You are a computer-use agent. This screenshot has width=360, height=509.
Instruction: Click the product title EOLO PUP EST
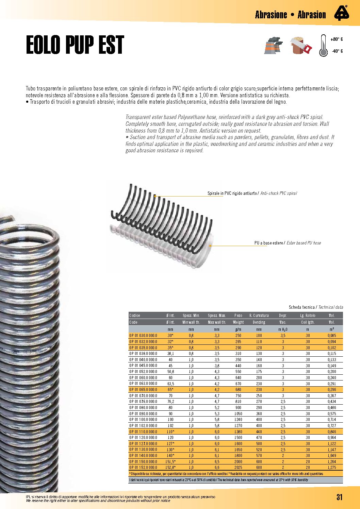[x=75, y=45]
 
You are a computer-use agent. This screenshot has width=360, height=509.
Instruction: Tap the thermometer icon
[x=323, y=46]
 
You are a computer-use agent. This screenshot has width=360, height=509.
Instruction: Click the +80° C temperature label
[x=337, y=39]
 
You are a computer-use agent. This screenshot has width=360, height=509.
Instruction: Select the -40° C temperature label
[x=337, y=51]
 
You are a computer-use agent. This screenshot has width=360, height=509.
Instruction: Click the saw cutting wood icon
[x=301, y=46]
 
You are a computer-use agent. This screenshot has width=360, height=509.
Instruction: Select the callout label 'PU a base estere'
[x=268, y=243]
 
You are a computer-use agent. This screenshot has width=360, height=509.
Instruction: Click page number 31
[x=339, y=497]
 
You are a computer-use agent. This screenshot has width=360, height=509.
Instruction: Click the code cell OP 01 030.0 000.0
[x=143, y=336]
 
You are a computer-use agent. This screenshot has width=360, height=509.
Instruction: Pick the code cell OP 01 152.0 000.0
[x=143, y=468]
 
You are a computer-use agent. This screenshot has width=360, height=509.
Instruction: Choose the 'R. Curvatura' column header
[x=259, y=316]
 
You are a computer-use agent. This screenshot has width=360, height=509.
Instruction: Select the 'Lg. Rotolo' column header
[x=308, y=316]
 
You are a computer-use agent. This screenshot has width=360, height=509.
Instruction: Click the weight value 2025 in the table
[x=238, y=468]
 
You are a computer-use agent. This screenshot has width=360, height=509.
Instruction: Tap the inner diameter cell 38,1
[x=170, y=354]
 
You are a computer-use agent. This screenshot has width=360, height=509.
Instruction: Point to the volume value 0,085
[x=332, y=336]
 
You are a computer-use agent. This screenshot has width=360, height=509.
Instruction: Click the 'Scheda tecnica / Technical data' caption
[x=316, y=307]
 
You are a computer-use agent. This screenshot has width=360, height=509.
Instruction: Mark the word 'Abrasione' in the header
[x=271, y=15]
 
